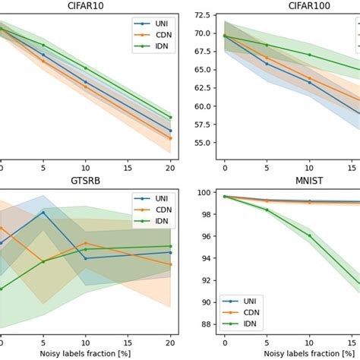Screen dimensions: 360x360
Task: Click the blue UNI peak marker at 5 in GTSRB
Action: coord(43,213)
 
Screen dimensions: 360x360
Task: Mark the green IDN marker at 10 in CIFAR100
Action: coord(310,55)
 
